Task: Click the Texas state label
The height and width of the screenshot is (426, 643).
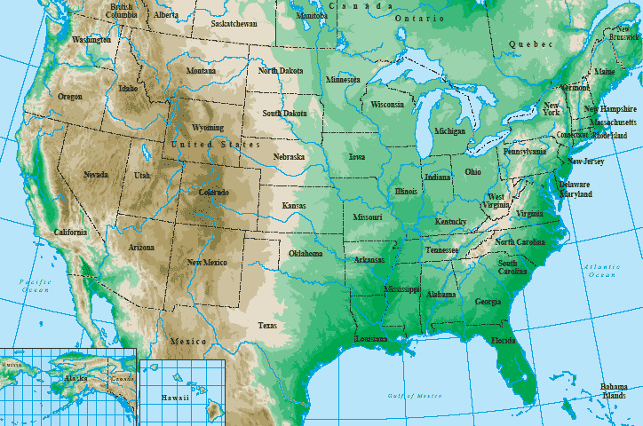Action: click(x=267, y=326)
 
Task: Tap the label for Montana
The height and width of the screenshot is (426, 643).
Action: click(x=201, y=71)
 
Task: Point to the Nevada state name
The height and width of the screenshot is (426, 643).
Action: click(x=96, y=175)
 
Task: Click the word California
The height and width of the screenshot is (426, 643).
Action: click(x=71, y=232)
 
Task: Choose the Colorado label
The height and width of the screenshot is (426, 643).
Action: click(x=212, y=193)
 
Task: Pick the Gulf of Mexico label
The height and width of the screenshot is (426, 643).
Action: click(x=413, y=394)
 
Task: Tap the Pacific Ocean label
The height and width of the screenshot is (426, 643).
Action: click(x=35, y=285)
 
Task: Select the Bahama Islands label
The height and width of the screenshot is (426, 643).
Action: click(x=613, y=390)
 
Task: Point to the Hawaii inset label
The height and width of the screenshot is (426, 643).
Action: click(x=175, y=398)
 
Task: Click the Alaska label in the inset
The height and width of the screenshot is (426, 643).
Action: click(x=75, y=378)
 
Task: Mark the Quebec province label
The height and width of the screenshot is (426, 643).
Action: click(x=530, y=44)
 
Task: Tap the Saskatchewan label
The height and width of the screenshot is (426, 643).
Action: click(x=239, y=24)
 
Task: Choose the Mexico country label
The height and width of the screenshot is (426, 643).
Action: click(x=188, y=341)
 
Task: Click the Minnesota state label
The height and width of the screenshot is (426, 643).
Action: click(x=343, y=79)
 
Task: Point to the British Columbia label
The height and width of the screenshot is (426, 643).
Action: click(x=121, y=11)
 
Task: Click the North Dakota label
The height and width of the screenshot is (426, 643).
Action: click(x=281, y=70)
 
